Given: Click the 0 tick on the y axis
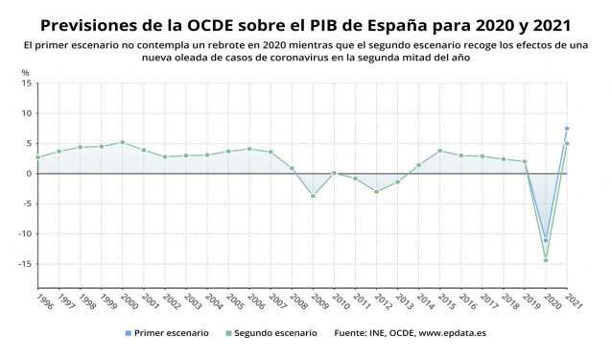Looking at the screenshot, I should click(x=28, y=174).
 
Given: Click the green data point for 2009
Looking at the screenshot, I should click(x=313, y=196).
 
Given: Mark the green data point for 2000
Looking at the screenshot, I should click(x=122, y=142).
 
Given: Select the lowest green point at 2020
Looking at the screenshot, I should click(x=546, y=260).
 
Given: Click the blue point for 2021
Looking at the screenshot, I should click(x=567, y=129).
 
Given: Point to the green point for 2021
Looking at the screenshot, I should click(x=567, y=144).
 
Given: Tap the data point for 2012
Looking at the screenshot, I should click(x=376, y=192).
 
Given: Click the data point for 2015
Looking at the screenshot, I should click(x=439, y=151).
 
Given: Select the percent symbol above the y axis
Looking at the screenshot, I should click(x=25, y=73).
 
